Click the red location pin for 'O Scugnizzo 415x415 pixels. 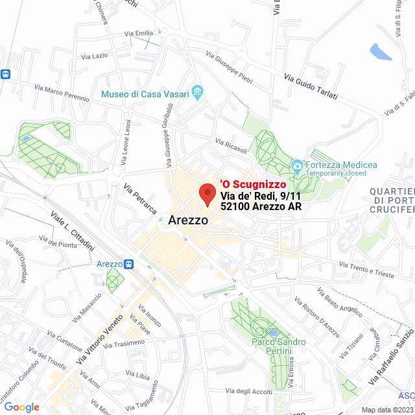207,194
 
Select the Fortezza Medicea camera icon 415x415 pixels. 297,165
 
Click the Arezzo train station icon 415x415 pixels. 129,265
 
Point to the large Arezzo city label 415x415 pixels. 188,220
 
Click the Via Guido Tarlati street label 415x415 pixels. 311,86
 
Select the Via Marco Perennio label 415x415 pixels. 62,93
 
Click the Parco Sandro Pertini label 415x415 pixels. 279,346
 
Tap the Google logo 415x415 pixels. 21,407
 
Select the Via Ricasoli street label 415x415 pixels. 231,147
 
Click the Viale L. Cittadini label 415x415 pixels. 72,231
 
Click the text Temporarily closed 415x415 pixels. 336,174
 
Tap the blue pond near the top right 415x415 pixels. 380,51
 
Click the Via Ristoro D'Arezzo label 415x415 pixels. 316,318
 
